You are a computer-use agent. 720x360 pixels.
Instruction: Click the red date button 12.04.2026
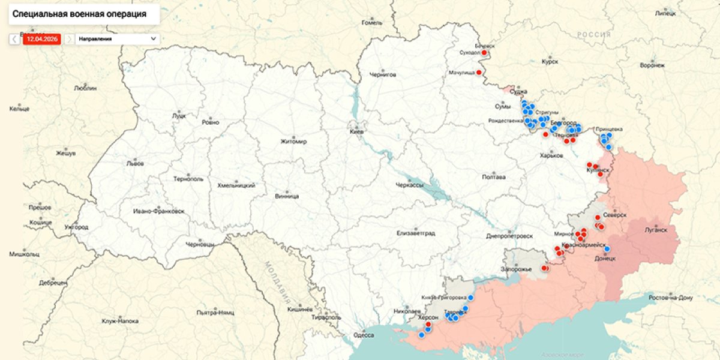pos(41,38)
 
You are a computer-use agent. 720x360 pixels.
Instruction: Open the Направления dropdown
pos(117,38)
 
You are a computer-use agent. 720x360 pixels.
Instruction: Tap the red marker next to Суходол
pos(484,53)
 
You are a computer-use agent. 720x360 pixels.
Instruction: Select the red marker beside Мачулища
pos(479,73)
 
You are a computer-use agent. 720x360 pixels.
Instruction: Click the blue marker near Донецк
pos(607,249)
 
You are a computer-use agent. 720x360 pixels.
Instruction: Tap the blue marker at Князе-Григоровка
pos(471,297)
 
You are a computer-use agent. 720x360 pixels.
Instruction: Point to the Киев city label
pos(358,131)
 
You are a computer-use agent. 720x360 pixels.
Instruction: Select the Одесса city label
pos(364,335)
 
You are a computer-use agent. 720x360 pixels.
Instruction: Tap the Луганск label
pos(656,229)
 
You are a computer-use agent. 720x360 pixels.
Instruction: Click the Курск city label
pos(550,61)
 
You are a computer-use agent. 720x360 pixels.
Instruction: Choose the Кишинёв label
pos(299,310)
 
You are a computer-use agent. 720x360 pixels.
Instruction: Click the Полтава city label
pos(494,177)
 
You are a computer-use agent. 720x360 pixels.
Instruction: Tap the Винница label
pos(287,196)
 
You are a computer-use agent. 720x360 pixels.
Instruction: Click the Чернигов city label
pos(383,75)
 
